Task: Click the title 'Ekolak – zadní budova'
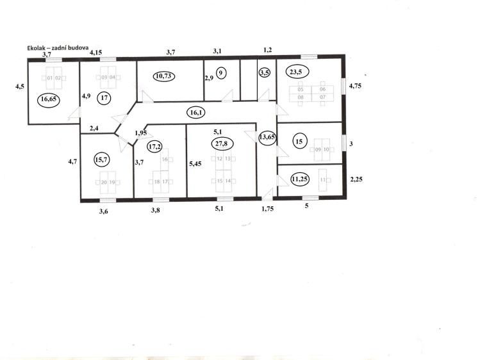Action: [x=58, y=47]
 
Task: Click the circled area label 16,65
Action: [x=48, y=99]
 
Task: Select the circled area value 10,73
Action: [x=163, y=76]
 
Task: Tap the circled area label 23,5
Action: [x=297, y=72]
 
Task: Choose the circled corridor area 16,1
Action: [x=196, y=113]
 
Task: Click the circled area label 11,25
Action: [x=300, y=179]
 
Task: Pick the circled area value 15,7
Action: [x=102, y=160]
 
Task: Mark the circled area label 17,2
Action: [x=154, y=147]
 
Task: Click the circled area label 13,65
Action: [x=267, y=137]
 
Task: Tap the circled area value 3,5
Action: [x=264, y=73]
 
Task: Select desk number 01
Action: [x=50, y=78]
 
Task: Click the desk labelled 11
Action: [x=322, y=180]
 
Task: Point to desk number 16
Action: [x=165, y=160]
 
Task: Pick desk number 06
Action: [x=322, y=89]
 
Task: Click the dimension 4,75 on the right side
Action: [x=355, y=86]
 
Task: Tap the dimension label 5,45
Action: [x=195, y=163]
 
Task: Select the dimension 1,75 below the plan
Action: [x=267, y=209]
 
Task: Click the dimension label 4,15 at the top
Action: [x=96, y=53]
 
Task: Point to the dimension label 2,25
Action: [x=356, y=179]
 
